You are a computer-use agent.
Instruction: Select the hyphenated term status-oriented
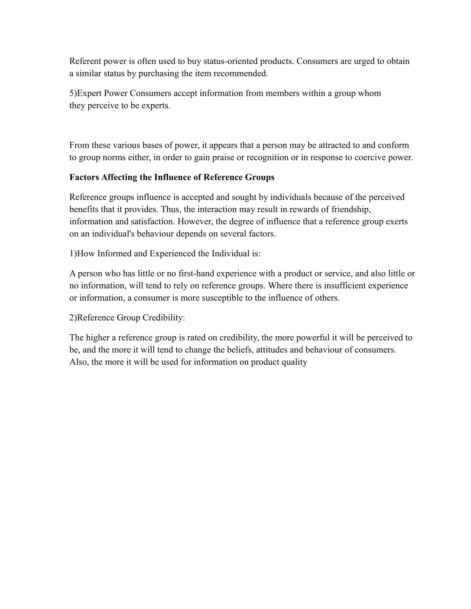click(x=231, y=61)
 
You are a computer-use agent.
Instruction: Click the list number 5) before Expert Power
click(x=73, y=93)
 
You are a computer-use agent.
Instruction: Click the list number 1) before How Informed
click(x=73, y=254)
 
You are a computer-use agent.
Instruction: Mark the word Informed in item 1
click(x=114, y=254)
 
